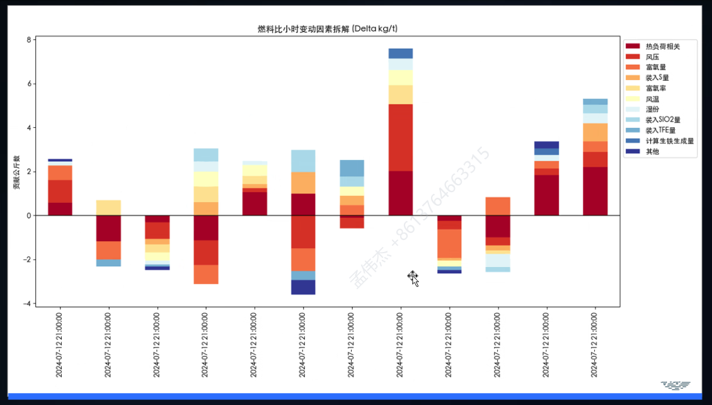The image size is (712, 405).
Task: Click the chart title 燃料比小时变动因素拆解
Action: (327, 29)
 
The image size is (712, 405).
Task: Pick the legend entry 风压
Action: (653, 57)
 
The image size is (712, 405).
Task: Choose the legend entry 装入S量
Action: (657, 77)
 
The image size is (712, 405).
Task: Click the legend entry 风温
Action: (653, 99)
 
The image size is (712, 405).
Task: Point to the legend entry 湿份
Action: (653, 109)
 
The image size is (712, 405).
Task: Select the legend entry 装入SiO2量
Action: (663, 120)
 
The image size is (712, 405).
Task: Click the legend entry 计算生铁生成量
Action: (670, 140)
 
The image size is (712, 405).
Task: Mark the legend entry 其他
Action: (653, 151)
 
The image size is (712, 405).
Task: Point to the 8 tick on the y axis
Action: (28, 40)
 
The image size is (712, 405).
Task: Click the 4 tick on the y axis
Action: (28, 128)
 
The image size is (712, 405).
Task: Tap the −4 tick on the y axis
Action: (26, 304)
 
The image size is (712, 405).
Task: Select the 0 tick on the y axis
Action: (28, 215)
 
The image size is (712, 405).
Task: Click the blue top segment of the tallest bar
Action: (401, 54)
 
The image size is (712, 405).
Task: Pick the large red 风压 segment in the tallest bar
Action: (401, 137)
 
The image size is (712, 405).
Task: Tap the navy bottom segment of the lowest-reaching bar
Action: (303, 287)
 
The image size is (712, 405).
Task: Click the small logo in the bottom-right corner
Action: (675, 384)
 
